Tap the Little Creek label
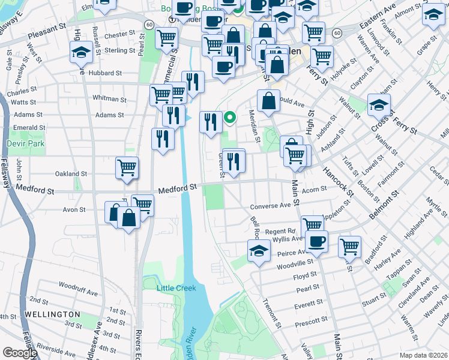176,288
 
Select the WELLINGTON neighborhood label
52,314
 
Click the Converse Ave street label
270,205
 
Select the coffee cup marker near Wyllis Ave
316,241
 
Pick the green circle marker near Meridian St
229,118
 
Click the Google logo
20,353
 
